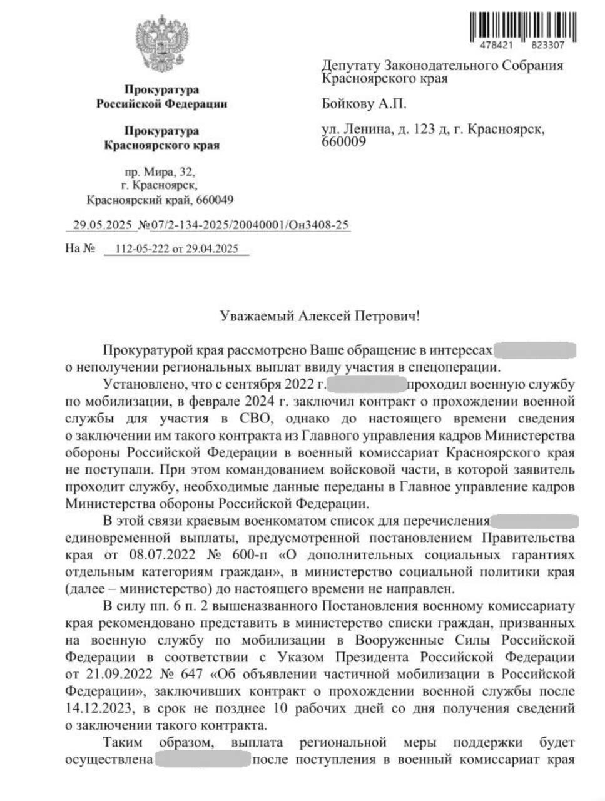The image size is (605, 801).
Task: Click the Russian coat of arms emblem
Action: pos(161,47)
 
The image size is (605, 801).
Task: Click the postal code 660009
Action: pos(343,142)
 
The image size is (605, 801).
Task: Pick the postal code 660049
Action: pos(214,200)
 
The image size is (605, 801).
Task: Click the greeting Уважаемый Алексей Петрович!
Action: pos(320,315)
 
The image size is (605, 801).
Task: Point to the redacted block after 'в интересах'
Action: pos(536,350)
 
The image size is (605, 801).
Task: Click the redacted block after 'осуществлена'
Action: pos(203,760)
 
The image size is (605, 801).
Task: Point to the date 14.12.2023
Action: pos(99,709)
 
